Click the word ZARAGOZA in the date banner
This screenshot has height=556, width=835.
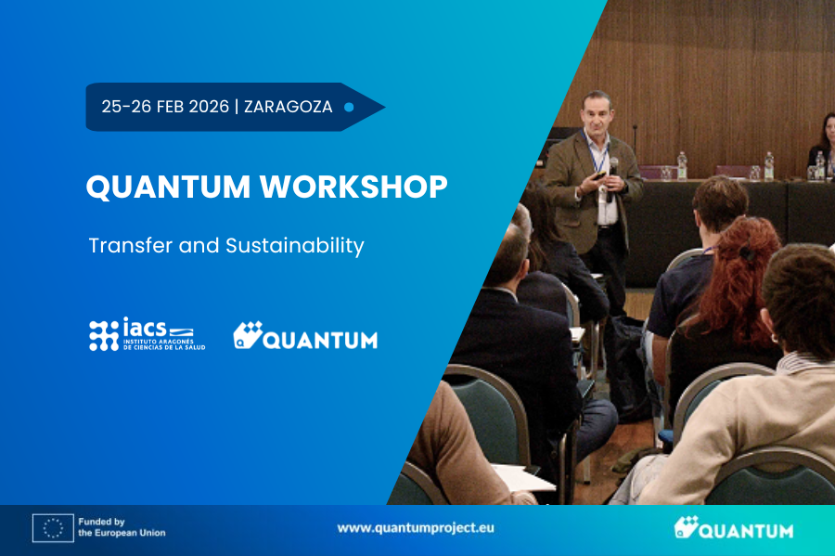click(x=289, y=107)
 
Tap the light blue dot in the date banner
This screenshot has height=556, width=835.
click(x=349, y=107)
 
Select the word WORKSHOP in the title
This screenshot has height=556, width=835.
click(x=353, y=187)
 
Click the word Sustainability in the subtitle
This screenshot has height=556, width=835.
click(x=294, y=246)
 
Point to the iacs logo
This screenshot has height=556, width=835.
click(x=147, y=334)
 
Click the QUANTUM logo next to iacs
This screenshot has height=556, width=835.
click(x=305, y=335)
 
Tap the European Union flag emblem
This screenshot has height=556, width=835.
click(x=53, y=528)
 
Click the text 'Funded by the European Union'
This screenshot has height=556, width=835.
click(x=122, y=527)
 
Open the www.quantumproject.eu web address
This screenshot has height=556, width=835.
click(x=416, y=528)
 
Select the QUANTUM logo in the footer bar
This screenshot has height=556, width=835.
click(x=733, y=528)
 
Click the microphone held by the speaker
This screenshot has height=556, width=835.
click(x=612, y=178)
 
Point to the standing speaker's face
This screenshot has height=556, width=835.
click(x=597, y=112)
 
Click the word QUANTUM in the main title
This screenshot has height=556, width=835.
click(x=168, y=187)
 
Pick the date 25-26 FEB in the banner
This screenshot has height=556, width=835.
click(x=165, y=107)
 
